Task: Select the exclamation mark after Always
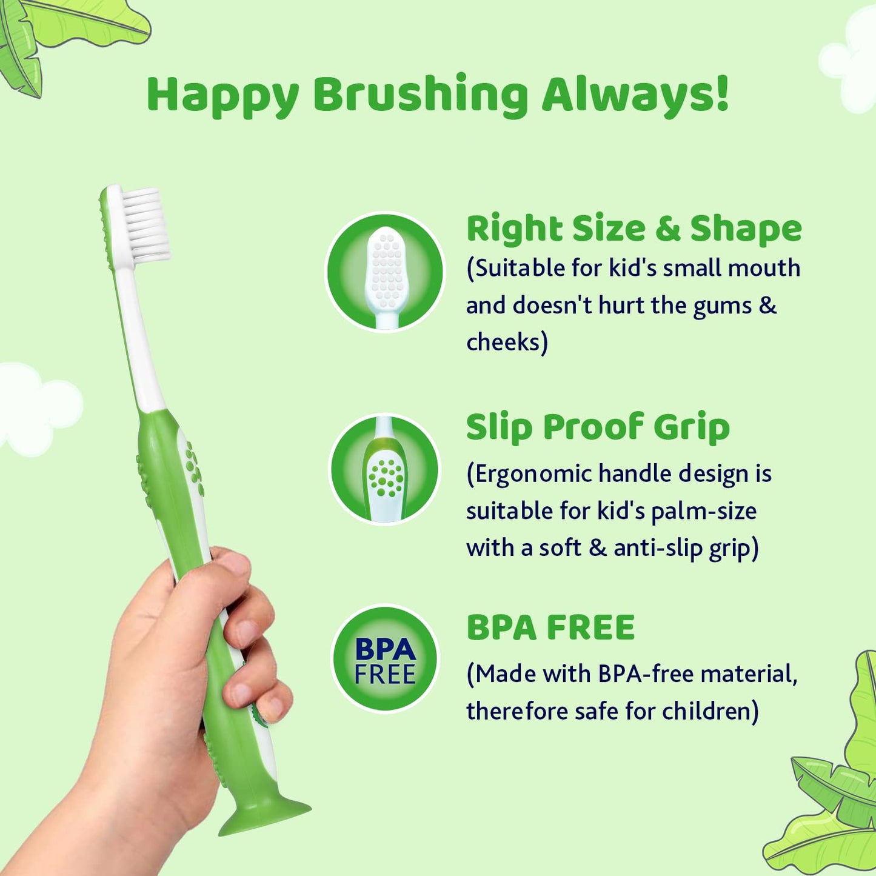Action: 721,93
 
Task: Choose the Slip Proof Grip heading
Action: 598,427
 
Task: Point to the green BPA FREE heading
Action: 550,627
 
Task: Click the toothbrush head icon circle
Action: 384,272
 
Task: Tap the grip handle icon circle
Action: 384,469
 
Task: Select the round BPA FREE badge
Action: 384,658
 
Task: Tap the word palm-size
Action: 704,512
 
